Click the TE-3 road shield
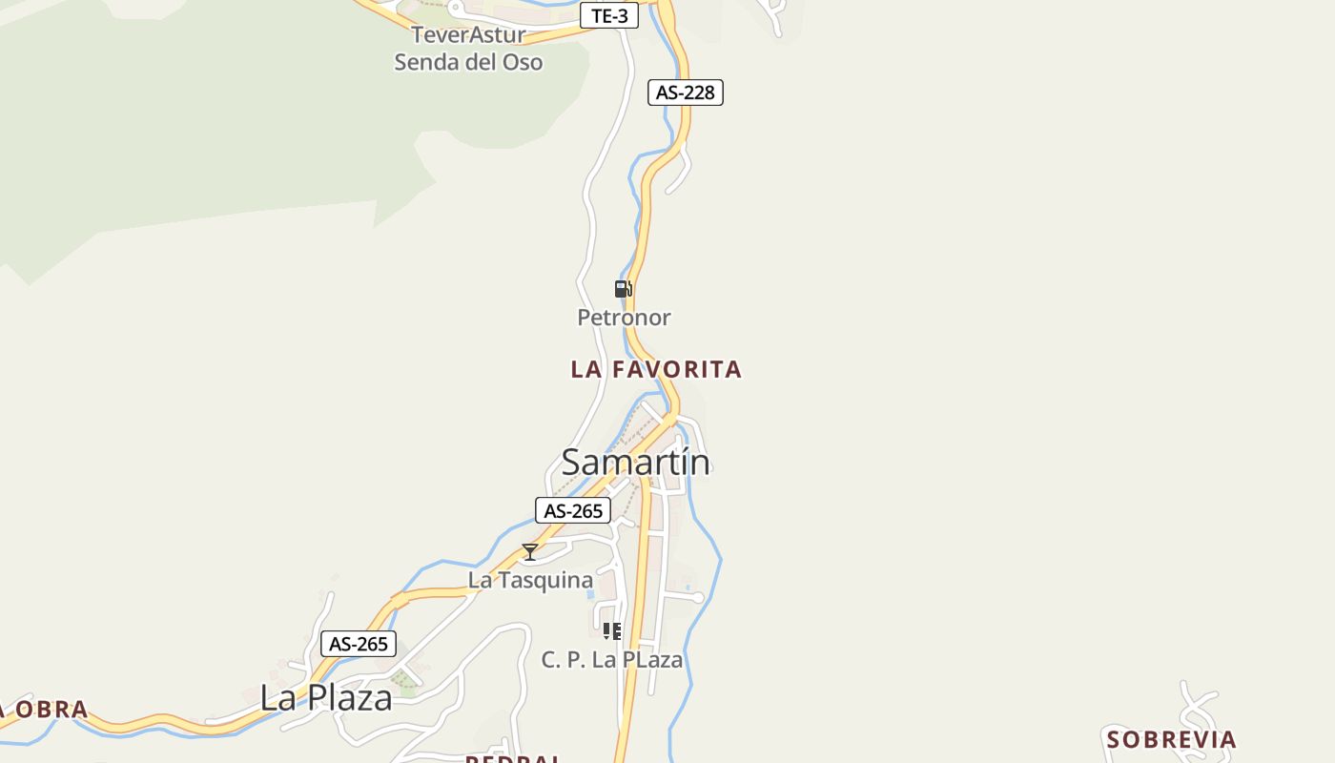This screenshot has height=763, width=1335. click(x=609, y=16)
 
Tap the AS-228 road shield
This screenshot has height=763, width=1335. click(x=685, y=93)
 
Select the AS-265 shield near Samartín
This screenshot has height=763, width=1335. click(x=573, y=511)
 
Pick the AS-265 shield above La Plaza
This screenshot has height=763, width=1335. click(x=359, y=644)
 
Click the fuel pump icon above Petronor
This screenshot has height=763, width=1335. click(x=623, y=289)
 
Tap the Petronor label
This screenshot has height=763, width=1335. click(x=624, y=318)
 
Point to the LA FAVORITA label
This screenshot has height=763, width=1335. click(x=656, y=369)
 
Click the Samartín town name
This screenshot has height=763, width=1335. click(x=635, y=463)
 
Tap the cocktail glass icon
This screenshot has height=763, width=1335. click(x=530, y=552)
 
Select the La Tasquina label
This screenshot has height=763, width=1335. click(x=530, y=580)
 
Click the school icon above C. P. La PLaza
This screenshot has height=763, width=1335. click(x=612, y=630)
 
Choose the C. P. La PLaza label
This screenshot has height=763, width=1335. click(x=612, y=660)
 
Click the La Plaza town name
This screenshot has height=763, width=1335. click(x=326, y=698)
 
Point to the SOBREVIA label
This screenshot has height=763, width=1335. click(x=1171, y=739)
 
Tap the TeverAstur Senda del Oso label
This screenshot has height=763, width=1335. click(x=468, y=49)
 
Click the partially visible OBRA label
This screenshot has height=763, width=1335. click(x=48, y=710)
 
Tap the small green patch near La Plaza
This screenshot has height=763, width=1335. click(x=404, y=679)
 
